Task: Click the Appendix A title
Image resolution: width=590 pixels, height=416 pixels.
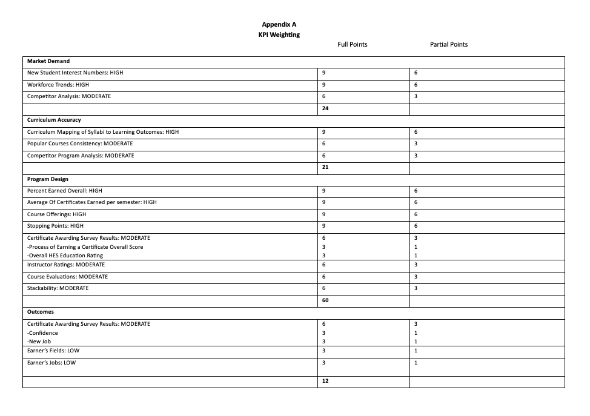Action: pyautogui.click(x=279, y=24)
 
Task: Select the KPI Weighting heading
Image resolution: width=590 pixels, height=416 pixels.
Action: pyautogui.click(x=279, y=35)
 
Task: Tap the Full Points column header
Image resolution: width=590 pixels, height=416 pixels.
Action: pyautogui.click(x=352, y=44)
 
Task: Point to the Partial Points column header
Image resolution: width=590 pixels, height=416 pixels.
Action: pyautogui.click(x=448, y=44)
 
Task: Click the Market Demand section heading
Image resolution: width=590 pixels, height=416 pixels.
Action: pyautogui.click(x=48, y=61)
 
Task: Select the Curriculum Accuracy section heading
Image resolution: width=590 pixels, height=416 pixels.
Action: pyautogui.click(x=54, y=120)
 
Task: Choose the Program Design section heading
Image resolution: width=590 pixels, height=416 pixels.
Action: pyautogui.click(x=48, y=179)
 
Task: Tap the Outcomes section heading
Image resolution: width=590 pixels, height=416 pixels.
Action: pyautogui.click(x=41, y=312)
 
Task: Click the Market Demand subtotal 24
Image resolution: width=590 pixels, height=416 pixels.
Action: pyautogui.click(x=325, y=108)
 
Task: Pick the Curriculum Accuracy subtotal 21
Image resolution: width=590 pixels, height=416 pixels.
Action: pyautogui.click(x=325, y=167)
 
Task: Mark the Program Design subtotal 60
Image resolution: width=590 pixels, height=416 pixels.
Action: pyautogui.click(x=325, y=300)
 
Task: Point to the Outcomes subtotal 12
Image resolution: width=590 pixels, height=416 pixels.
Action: pyautogui.click(x=325, y=381)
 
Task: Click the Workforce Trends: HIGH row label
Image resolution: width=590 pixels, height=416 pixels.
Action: pyautogui.click(x=58, y=85)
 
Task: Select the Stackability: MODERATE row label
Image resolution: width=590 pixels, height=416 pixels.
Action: pyautogui.click(x=58, y=288)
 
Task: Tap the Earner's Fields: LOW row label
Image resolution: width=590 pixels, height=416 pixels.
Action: pyautogui.click(x=53, y=351)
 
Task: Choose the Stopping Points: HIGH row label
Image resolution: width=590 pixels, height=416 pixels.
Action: pyautogui.click(x=56, y=226)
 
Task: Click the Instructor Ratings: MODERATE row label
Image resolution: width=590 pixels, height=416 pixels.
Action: pyautogui.click(x=66, y=265)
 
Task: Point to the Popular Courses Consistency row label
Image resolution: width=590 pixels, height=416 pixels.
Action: pyautogui.click(x=80, y=144)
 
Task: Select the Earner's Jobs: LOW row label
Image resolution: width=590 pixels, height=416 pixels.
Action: pyautogui.click(x=52, y=363)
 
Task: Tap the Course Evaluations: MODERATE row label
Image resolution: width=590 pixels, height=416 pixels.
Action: pyautogui.click(x=68, y=277)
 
